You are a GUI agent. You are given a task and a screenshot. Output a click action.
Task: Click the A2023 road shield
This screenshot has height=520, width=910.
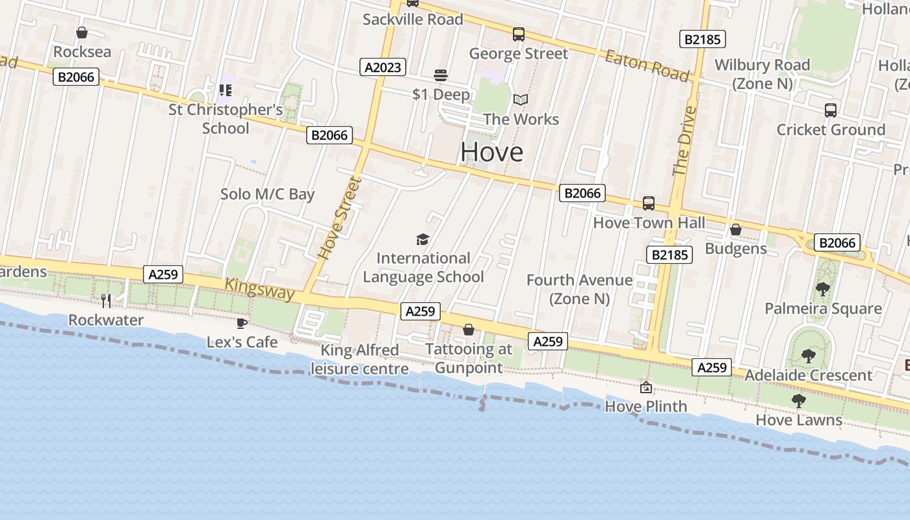click(x=383, y=66)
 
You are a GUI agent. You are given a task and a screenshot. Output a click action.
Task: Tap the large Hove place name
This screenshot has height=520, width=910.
click(x=491, y=152)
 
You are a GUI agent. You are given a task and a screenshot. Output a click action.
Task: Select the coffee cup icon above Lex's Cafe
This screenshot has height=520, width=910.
click(x=242, y=323)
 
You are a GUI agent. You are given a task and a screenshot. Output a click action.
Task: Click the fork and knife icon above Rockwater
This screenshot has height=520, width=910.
click(x=106, y=300)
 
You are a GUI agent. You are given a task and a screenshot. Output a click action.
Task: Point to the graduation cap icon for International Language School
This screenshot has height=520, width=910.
click(x=423, y=240)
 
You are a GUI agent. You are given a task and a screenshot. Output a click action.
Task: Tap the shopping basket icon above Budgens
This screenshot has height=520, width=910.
click(x=736, y=229)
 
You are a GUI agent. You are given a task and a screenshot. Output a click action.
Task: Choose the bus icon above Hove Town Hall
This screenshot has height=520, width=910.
click(x=648, y=203)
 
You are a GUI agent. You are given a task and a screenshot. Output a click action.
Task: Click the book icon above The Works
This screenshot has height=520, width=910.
click(x=521, y=99)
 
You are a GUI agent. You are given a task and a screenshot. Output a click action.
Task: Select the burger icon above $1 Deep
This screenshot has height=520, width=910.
click(x=441, y=75)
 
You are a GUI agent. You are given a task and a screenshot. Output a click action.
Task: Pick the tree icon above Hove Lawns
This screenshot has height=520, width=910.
click(x=799, y=401)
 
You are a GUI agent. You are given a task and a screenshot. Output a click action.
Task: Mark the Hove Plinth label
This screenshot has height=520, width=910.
click(x=645, y=406)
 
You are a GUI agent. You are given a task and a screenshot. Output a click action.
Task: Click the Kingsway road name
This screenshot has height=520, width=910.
click(x=259, y=289)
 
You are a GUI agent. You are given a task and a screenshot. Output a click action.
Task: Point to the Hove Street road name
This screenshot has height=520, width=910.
click(x=339, y=218)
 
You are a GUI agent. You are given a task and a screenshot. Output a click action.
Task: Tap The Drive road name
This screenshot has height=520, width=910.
click(x=684, y=141)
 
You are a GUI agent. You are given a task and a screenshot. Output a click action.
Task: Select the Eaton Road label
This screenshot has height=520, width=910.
click(x=647, y=65)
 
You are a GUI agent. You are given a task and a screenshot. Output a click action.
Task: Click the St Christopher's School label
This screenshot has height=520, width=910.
click(x=226, y=118)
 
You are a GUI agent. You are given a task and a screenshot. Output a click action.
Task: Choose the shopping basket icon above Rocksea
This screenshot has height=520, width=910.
click(x=82, y=32)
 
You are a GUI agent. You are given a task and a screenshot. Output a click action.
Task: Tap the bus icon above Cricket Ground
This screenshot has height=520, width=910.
click(x=831, y=110)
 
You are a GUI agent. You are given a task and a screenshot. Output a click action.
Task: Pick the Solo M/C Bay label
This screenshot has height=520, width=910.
click(x=267, y=194)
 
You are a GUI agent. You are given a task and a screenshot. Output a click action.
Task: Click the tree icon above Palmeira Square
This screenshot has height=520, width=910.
click(x=822, y=289)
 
